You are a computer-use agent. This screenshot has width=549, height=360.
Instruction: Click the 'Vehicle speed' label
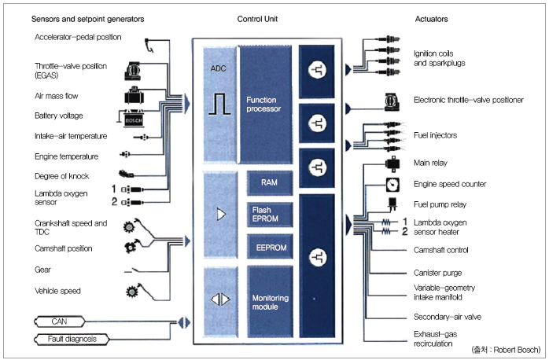pyautogui.click(x=57, y=291)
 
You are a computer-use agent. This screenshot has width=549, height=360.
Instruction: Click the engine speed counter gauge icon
pyautogui.click(x=392, y=184)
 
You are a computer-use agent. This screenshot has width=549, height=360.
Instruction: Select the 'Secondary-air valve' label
pyautogui.click(x=448, y=317)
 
